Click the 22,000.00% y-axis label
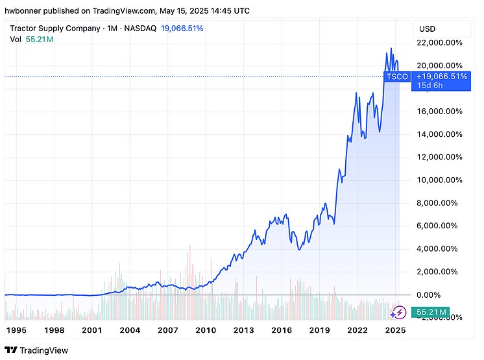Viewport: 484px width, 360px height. click(440, 42)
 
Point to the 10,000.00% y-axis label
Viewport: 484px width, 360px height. click(440, 180)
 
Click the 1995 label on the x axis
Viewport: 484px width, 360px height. click(16, 330)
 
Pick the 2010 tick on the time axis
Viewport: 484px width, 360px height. click(206, 330)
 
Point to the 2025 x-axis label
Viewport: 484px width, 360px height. click(395, 330)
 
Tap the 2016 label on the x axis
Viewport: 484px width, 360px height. click(282, 330)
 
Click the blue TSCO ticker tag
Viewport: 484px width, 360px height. click(397, 77)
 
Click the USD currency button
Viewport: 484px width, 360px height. click(428, 29)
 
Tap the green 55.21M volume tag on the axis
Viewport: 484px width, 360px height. click(431, 313)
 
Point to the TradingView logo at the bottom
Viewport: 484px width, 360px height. click(40, 351)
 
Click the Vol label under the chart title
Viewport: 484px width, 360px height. click(16, 40)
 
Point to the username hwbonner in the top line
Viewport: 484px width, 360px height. click(24, 11)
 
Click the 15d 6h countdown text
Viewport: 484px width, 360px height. click(430, 86)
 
